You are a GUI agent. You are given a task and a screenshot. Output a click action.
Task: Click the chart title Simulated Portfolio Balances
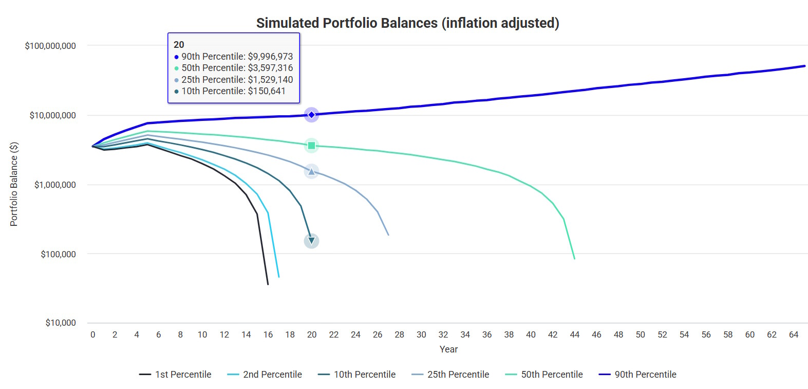(x=407, y=23)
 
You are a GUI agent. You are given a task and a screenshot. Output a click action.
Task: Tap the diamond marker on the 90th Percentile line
(x=311, y=115)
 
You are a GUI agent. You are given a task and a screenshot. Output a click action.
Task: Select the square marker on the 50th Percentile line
(x=311, y=146)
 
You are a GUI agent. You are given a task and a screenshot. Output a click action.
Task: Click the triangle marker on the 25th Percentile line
(x=311, y=171)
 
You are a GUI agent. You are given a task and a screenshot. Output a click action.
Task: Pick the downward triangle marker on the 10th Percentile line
(x=311, y=241)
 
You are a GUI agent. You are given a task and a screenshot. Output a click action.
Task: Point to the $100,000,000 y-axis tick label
(x=50, y=46)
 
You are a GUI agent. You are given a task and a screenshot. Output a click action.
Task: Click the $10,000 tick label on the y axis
(x=61, y=323)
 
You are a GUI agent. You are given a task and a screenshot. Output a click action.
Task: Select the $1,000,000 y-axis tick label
(x=55, y=185)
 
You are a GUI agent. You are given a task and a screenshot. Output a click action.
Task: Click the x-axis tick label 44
(x=574, y=334)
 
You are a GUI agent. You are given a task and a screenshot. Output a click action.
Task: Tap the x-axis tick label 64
(x=794, y=334)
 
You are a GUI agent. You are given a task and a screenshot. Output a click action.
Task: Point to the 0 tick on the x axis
(x=93, y=334)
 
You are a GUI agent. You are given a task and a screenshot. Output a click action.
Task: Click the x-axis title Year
(x=448, y=349)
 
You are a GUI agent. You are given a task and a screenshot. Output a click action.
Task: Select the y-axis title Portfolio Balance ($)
(x=14, y=184)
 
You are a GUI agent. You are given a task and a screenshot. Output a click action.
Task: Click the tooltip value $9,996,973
(x=270, y=57)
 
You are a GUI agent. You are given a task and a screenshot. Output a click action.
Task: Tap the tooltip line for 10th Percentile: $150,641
(x=233, y=91)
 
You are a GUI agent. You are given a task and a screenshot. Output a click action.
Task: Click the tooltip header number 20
(x=179, y=45)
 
